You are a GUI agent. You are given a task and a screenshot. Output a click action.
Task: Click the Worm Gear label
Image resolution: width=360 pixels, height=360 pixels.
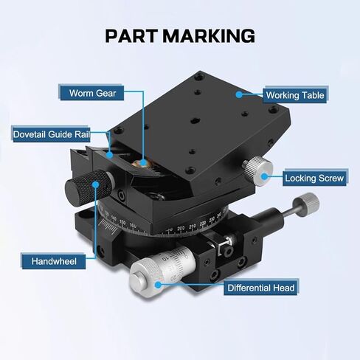(92, 93)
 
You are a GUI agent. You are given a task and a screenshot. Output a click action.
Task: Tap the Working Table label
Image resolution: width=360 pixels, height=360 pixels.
(295, 95)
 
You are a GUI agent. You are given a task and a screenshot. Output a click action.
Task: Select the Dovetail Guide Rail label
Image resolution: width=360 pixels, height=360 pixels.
(52, 134)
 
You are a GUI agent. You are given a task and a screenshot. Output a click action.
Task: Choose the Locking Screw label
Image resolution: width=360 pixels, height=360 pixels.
(314, 178)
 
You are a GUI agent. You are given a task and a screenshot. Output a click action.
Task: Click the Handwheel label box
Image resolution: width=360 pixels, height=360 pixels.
(54, 261)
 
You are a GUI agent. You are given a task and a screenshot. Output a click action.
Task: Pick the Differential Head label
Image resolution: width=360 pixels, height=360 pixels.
(261, 288)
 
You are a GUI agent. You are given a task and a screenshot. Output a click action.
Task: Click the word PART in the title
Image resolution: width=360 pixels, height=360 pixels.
(131, 36)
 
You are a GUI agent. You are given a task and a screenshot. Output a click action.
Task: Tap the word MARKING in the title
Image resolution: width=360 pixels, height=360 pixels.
(209, 36)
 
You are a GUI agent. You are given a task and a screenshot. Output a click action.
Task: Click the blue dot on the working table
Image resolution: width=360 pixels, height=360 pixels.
(239, 94)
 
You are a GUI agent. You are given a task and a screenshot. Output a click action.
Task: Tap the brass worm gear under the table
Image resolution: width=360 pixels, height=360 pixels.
(141, 163)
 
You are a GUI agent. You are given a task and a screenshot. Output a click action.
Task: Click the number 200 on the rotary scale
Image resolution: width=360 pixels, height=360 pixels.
(181, 228)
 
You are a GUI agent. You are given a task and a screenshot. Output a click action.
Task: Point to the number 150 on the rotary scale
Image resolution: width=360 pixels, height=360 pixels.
(122, 223)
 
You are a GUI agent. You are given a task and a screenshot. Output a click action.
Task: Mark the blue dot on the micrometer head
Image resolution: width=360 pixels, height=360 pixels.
(158, 285)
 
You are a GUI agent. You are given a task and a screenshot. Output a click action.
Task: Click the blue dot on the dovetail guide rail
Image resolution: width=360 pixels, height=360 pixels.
(110, 155)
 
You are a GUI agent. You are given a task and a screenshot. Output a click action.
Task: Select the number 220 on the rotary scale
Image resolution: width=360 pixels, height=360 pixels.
(203, 224)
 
